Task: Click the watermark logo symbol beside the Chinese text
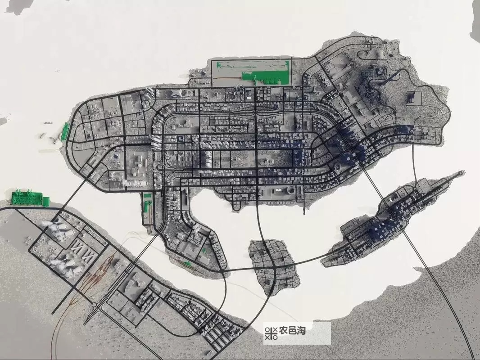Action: [x=271, y=332]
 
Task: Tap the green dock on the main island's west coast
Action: [x=66, y=131]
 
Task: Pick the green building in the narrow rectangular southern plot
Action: [x=148, y=206]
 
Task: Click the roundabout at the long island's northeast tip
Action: [x=459, y=172]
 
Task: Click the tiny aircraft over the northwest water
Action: [x=57, y=72]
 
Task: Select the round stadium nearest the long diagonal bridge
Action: [x=337, y=168]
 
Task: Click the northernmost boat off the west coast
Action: [x=48, y=123]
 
